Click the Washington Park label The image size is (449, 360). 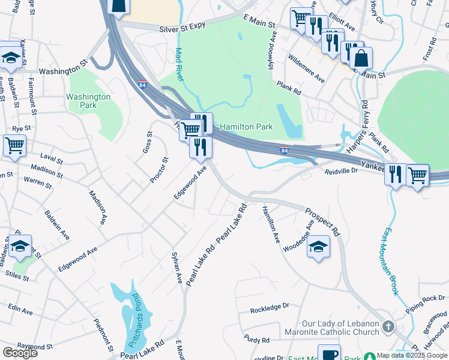click(x=88, y=101)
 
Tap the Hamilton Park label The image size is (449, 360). click(x=246, y=127)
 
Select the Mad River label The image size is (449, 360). click(x=179, y=64)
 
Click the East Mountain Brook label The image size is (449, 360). click(x=391, y=260)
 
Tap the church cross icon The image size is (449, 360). click(x=388, y=327)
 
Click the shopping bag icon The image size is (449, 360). click(x=361, y=58)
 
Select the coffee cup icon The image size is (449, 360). click(x=329, y=353)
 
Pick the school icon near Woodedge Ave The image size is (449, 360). click(x=318, y=247)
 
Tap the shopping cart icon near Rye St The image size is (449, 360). click(x=14, y=145)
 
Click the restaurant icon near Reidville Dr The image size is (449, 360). click(x=395, y=175)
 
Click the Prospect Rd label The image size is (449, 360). click(x=322, y=222)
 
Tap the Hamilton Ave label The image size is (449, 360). click(x=271, y=224)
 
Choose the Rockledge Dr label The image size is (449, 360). click(x=270, y=308)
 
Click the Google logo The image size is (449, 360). click(x=20, y=353)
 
